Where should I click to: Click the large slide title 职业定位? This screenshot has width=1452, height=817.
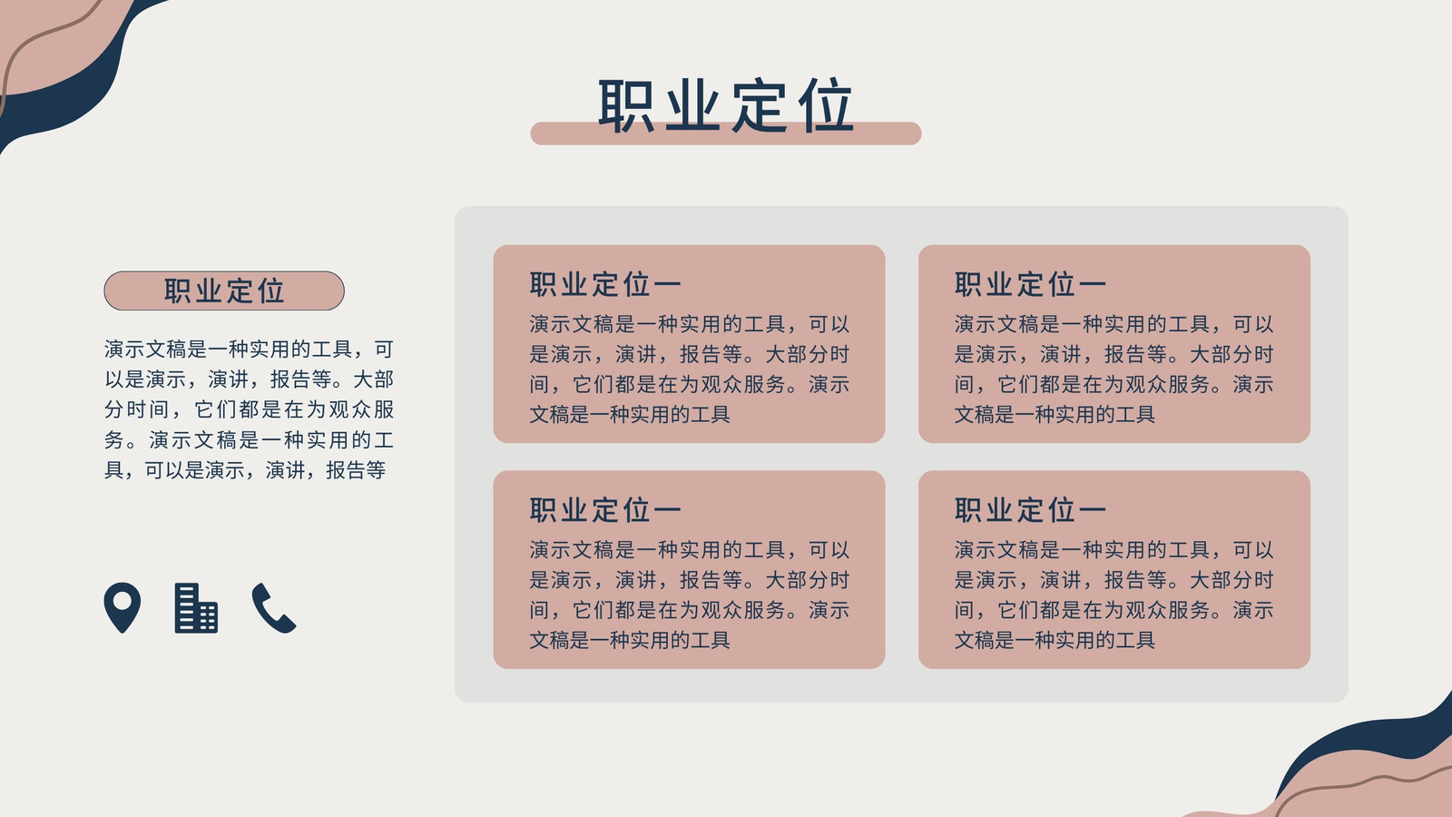pyautogui.click(x=725, y=105)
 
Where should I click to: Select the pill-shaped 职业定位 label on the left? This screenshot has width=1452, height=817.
pyautogui.click(x=224, y=290)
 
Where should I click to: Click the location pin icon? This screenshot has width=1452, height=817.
pyautogui.click(x=123, y=607)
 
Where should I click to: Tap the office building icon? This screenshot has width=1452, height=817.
pyautogui.click(x=196, y=607)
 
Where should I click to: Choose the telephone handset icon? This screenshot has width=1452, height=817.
pyautogui.click(x=273, y=607)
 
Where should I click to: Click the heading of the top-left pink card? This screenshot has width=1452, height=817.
pyautogui.click(x=604, y=284)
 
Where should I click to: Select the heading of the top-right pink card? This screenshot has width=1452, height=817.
pyautogui.click(x=1030, y=284)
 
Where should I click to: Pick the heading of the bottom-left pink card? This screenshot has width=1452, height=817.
pyautogui.click(x=604, y=509)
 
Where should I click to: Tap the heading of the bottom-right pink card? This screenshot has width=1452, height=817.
pyautogui.click(x=1030, y=509)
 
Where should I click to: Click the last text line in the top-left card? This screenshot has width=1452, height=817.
pyautogui.click(x=630, y=414)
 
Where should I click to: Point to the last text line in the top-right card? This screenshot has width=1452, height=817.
pyautogui.click(x=1055, y=414)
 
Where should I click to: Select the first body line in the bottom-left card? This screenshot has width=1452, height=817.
pyautogui.click(x=689, y=550)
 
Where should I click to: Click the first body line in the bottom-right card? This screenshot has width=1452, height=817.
pyautogui.click(x=1114, y=550)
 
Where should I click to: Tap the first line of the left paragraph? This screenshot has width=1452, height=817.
pyautogui.click(x=249, y=349)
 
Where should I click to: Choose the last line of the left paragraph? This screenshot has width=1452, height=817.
pyautogui.click(x=245, y=470)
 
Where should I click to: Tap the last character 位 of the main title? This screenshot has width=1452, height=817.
pyautogui.click(x=825, y=105)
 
